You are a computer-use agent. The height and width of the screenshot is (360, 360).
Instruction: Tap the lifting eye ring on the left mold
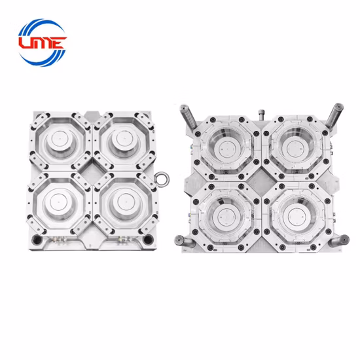click(162, 179)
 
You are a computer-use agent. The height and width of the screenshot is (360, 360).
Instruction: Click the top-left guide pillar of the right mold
click(189, 117)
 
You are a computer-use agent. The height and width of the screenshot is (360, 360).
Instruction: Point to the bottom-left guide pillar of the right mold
click(185, 242)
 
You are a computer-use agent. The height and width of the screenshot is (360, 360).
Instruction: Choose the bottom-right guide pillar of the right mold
click(339, 240)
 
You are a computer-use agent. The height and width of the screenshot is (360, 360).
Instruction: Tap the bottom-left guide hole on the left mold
click(37, 240)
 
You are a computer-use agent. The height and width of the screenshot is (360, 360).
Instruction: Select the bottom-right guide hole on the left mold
click(147, 240)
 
